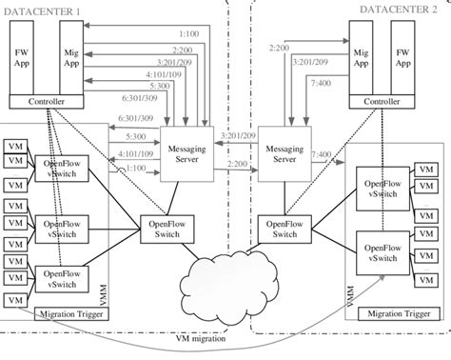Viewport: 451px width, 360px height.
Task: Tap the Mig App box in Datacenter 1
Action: tap(69, 57)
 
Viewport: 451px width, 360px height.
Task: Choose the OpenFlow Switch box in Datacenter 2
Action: tap(284, 228)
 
